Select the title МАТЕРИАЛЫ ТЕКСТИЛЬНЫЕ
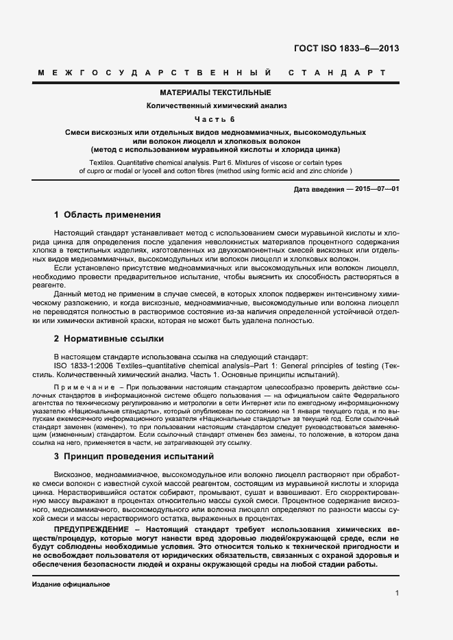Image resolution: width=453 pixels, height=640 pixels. pyautogui.click(x=216, y=92)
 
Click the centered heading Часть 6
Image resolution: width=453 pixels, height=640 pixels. pyautogui.click(x=215, y=119)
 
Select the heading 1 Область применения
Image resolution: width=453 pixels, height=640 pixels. pyautogui.click(x=107, y=214)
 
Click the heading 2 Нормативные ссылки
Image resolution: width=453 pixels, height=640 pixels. pyautogui.click(x=108, y=338)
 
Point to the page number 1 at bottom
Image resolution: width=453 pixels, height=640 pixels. pyautogui.click(x=397, y=593)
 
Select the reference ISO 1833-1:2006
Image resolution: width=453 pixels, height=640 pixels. pyautogui.click(x=83, y=366)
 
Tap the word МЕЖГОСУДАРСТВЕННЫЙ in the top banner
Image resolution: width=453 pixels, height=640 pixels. pyautogui.click(x=156, y=72)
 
